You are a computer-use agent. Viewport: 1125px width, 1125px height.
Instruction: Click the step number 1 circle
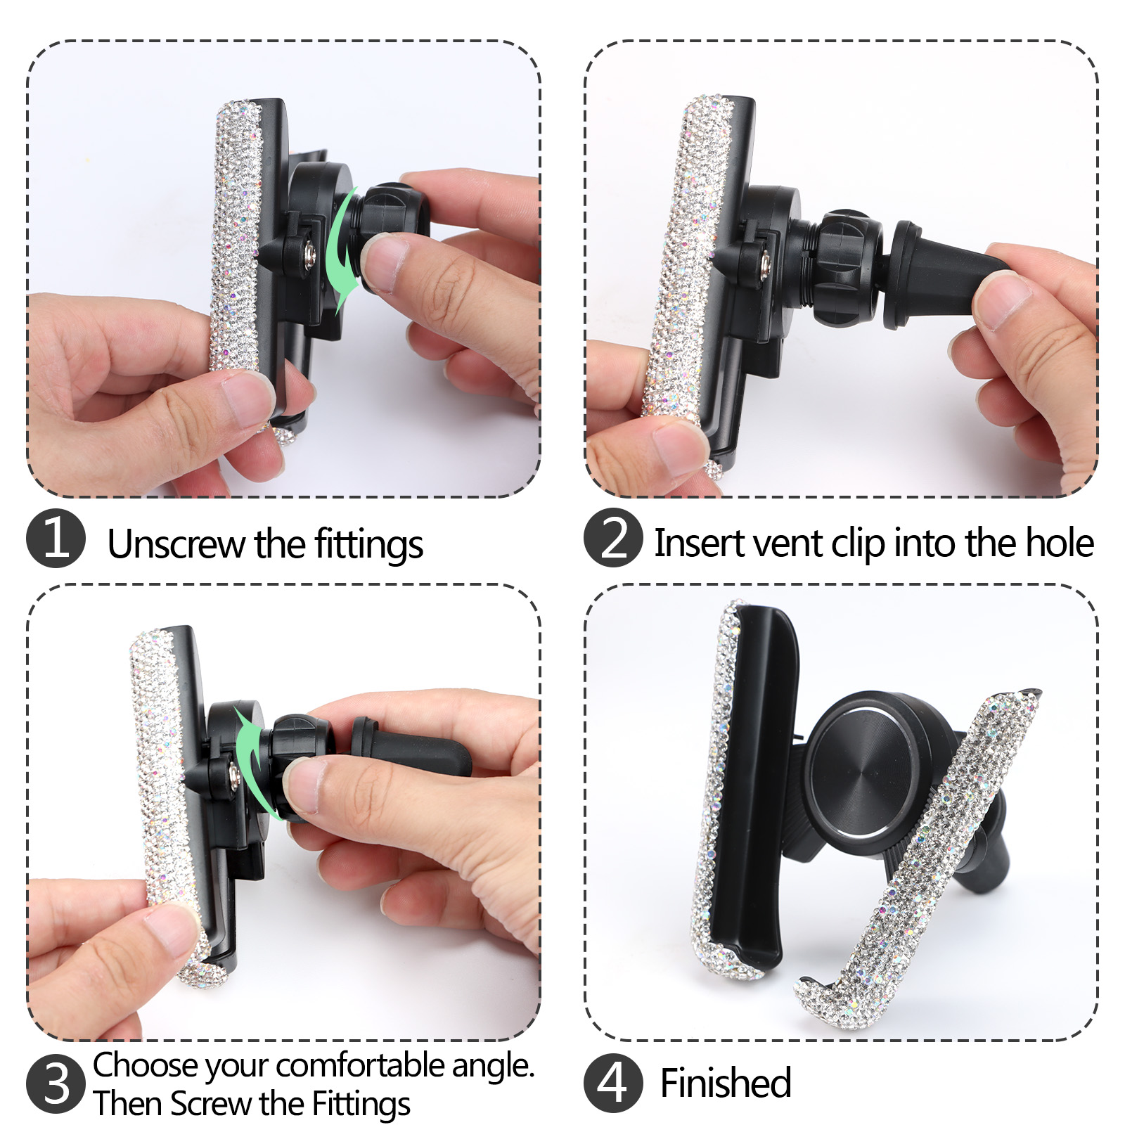pyautogui.click(x=56, y=539)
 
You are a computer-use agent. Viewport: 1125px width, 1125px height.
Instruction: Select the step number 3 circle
pyautogui.click(x=56, y=1084)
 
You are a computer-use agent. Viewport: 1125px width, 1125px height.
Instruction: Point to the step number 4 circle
pyautogui.click(x=613, y=1083)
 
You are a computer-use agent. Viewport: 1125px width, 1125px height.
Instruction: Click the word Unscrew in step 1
pyautogui.click(x=176, y=544)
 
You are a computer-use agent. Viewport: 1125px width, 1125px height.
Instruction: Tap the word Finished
pyautogui.click(x=726, y=1083)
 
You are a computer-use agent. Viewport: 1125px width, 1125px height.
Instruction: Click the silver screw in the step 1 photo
pyautogui.click(x=307, y=253)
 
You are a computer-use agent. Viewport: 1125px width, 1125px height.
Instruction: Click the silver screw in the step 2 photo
pyautogui.click(x=764, y=264)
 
